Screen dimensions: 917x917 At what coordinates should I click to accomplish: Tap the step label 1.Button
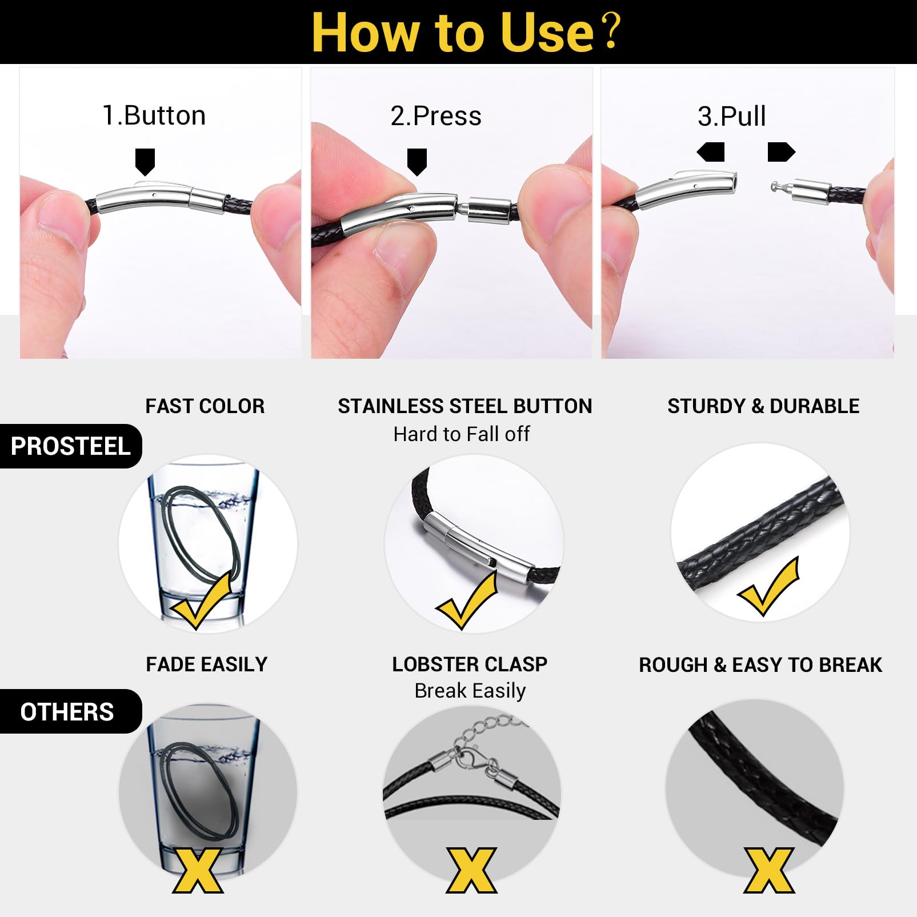tap(154, 115)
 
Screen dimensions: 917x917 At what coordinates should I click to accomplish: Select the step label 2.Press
tap(436, 116)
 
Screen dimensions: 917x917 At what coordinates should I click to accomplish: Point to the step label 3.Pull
tap(731, 116)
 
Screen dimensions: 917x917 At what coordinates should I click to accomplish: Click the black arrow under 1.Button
tap(145, 162)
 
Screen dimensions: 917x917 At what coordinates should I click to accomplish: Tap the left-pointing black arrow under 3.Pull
tap(711, 152)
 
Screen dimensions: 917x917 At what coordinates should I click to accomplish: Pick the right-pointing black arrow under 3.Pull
tap(781, 152)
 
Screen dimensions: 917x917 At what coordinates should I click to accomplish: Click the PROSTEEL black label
tap(70, 446)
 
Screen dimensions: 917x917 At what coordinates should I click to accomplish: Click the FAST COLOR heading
tap(205, 406)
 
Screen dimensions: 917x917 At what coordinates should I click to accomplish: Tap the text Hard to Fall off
tap(462, 434)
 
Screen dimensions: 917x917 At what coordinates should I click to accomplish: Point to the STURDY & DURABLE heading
tap(763, 406)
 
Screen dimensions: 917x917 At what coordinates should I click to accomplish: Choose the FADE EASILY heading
tap(206, 664)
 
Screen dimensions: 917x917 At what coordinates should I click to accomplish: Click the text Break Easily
tap(470, 691)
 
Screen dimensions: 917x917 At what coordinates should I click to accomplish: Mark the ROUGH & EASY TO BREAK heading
tap(760, 665)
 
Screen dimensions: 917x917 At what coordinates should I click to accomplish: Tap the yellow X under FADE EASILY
tap(198, 870)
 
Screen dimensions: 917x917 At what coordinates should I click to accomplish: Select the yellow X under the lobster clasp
tap(472, 870)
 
